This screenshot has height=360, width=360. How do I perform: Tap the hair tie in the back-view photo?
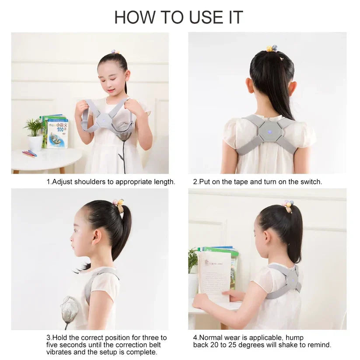click(272, 49)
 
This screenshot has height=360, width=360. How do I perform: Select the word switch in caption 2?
click(310, 182)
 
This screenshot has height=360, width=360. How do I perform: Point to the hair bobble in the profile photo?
click(119, 204)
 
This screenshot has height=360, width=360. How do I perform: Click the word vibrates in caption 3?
click(60, 352)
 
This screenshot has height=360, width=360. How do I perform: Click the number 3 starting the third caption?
click(48, 338)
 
